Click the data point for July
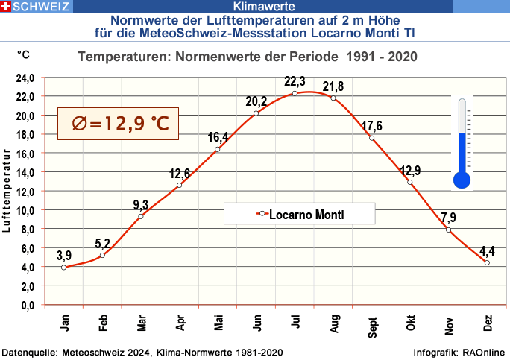coord(295,93)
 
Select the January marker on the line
coord(64,267)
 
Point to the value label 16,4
coord(218,137)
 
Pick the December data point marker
coord(487,262)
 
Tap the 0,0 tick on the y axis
coord(28,305)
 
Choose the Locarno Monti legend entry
coord(300,214)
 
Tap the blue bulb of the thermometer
coord(462,180)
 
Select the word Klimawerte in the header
coord(254,6)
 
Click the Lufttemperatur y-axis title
coord(7,191)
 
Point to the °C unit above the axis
coord(24,55)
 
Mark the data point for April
coord(179,185)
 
